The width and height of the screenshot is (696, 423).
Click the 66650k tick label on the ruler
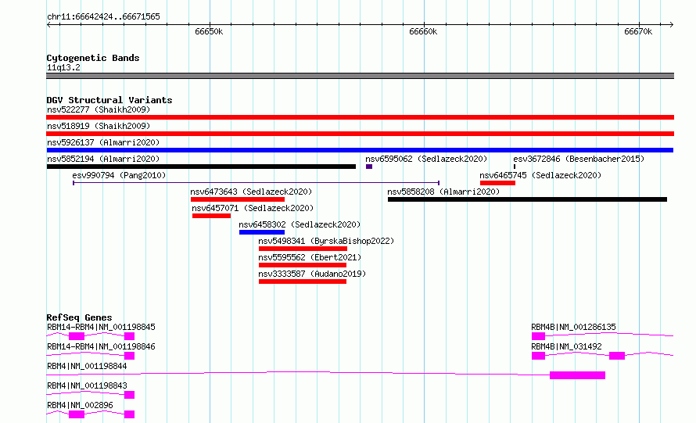tap(209, 31)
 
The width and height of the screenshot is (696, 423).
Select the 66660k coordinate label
tap(423, 31)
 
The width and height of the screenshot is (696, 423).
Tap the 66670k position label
tap(638, 31)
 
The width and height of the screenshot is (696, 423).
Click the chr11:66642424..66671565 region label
tap(103, 17)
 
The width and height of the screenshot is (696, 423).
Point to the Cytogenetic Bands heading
tap(93, 58)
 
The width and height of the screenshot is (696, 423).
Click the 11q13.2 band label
tap(63, 67)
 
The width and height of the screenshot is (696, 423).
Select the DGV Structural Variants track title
tap(109, 100)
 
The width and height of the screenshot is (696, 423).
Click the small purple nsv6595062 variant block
tap(369, 167)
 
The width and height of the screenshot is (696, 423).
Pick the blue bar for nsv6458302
tap(262, 232)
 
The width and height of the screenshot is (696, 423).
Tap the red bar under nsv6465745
tap(497, 183)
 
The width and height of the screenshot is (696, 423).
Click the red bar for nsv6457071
tap(211, 216)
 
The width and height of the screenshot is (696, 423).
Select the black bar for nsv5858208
tap(527, 199)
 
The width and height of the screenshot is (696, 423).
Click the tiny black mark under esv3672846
tap(515, 167)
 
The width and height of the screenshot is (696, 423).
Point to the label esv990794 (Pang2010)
tap(119, 175)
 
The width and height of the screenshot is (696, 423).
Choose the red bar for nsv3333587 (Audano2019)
tap(303, 281)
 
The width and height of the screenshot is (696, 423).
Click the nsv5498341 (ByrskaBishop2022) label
tap(326, 241)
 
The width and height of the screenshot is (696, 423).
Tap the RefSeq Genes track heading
tap(79, 317)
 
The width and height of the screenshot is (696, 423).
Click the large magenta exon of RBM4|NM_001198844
tap(577, 375)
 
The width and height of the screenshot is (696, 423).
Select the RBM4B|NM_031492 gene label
tap(566, 346)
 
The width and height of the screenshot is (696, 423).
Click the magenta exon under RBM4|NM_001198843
tap(129, 395)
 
